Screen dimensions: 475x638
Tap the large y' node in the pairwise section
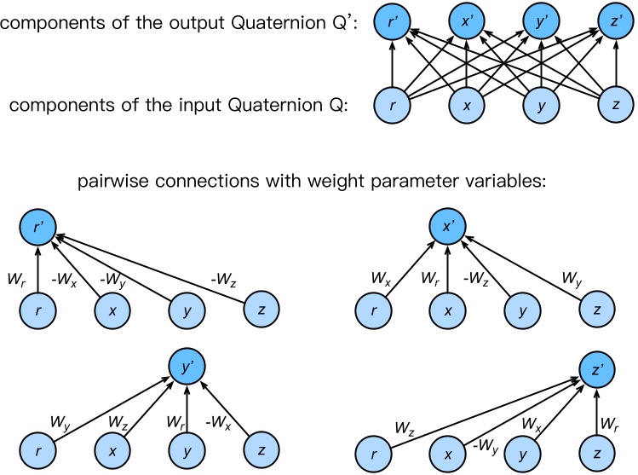[183, 368]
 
